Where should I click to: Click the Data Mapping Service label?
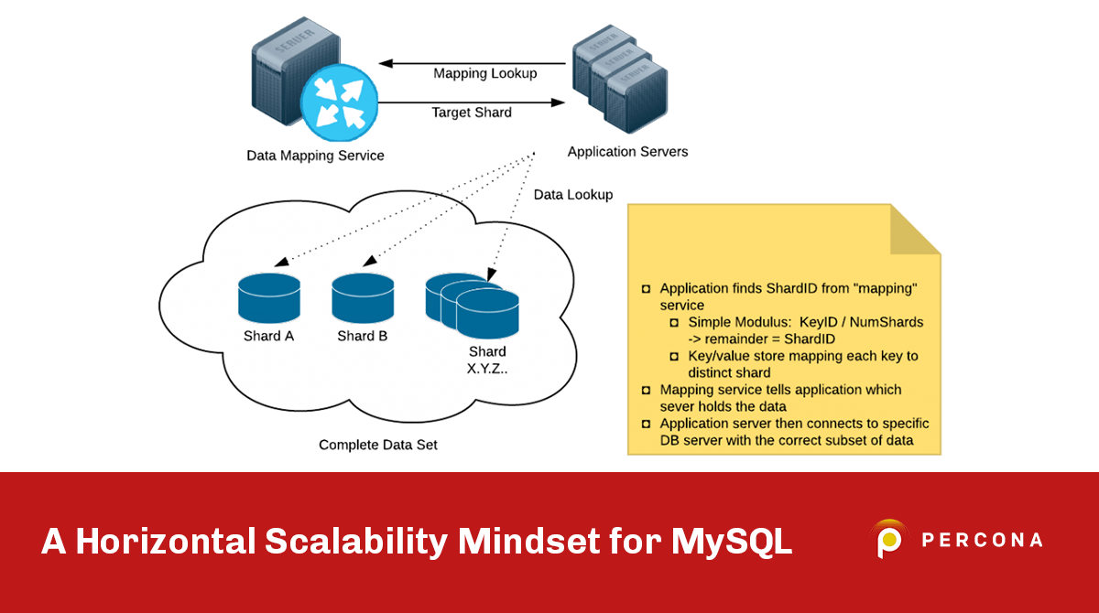315,156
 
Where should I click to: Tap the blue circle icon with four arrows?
339,102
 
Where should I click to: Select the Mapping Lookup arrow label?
484,73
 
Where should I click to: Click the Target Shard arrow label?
472,113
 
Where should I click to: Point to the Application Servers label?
627,152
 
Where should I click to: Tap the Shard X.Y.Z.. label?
487,360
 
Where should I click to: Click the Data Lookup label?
573,195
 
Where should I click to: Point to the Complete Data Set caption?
378,445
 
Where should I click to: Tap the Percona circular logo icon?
888,540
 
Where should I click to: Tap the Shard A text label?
268,336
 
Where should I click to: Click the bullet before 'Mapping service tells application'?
647,391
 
